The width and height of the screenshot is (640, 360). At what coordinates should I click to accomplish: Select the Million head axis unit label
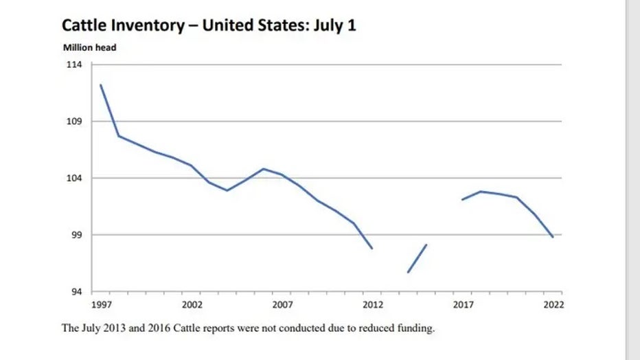point(90,47)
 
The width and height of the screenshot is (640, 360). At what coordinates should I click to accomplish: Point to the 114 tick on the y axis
point(73,65)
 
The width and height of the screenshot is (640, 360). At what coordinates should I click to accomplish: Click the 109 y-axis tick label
point(73,122)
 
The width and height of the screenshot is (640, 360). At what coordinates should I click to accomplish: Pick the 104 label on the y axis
point(73,178)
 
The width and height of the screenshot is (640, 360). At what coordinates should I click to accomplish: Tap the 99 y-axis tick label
point(76,235)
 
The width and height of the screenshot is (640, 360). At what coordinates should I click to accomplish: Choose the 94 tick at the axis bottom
point(76,291)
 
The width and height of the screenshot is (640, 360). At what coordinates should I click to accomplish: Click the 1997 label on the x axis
point(101,304)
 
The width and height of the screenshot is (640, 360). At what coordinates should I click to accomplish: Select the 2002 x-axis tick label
point(192,304)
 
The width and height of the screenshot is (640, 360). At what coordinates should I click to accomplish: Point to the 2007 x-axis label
point(282,304)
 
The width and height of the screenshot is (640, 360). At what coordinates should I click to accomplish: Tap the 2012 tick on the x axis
point(373,304)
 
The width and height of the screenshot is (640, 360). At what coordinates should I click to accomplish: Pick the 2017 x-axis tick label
point(463,304)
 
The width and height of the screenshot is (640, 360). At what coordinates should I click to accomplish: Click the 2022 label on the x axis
point(553,304)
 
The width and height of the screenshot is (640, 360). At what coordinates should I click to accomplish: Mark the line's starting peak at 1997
point(101,85)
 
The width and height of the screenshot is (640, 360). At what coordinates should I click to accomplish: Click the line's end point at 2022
point(553,237)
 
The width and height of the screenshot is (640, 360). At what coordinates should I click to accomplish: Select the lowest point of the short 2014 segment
point(408,272)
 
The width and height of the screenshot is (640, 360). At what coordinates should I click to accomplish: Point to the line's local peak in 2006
point(264,168)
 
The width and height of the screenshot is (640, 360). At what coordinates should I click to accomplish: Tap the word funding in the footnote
point(416,329)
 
